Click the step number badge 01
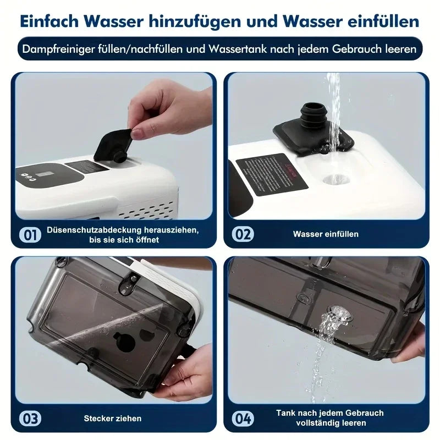[x=30, y=234]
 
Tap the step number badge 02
[x=243, y=234]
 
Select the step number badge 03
[x=30, y=419]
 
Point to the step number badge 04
[x=243, y=419]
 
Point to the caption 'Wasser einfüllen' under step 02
[x=326, y=234]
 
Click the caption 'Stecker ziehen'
[x=113, y=419]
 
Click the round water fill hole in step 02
[x=334, y=178]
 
